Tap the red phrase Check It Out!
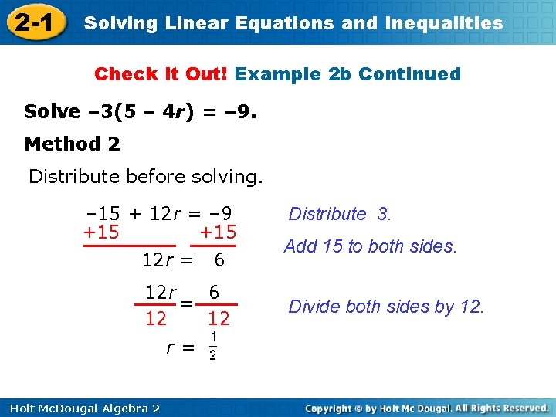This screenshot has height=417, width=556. pos(161,74)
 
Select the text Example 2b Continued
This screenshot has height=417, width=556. pos(347,74)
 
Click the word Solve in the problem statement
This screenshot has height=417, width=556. pos(52,112)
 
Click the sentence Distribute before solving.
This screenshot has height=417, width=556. pos(146,176)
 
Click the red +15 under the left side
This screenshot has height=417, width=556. pos(101,232)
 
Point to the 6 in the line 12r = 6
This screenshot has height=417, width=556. pos(219,261)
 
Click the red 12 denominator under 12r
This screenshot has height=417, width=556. pos(156,318)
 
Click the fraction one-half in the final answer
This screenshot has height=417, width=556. pos(212,347)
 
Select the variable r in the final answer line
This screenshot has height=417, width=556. pos(170,347)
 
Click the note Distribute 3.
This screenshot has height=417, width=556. pos(340,214)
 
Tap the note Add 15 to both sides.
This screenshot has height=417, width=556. pos(371,246)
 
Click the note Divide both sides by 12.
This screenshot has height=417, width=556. pos(386,307)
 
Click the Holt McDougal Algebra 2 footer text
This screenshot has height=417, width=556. pos(80,408)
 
